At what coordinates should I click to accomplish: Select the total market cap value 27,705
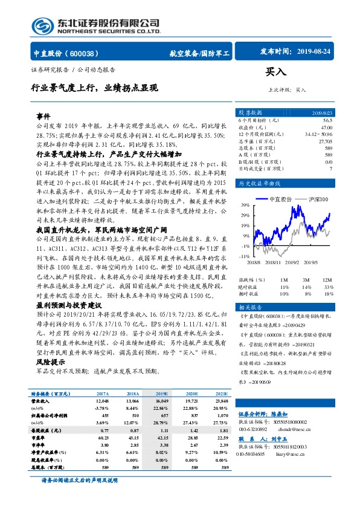click(x=324, y=140)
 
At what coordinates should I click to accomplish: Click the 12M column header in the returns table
click(x=327, y=280)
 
